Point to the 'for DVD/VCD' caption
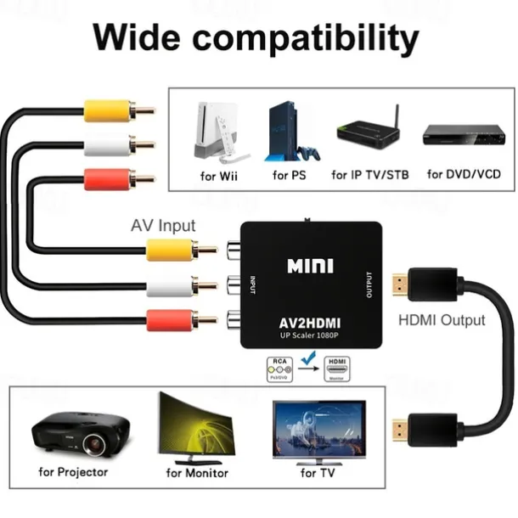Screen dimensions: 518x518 coord(464,175)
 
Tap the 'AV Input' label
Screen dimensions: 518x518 coord(163,226)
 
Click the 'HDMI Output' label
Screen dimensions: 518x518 coord(442,320)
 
